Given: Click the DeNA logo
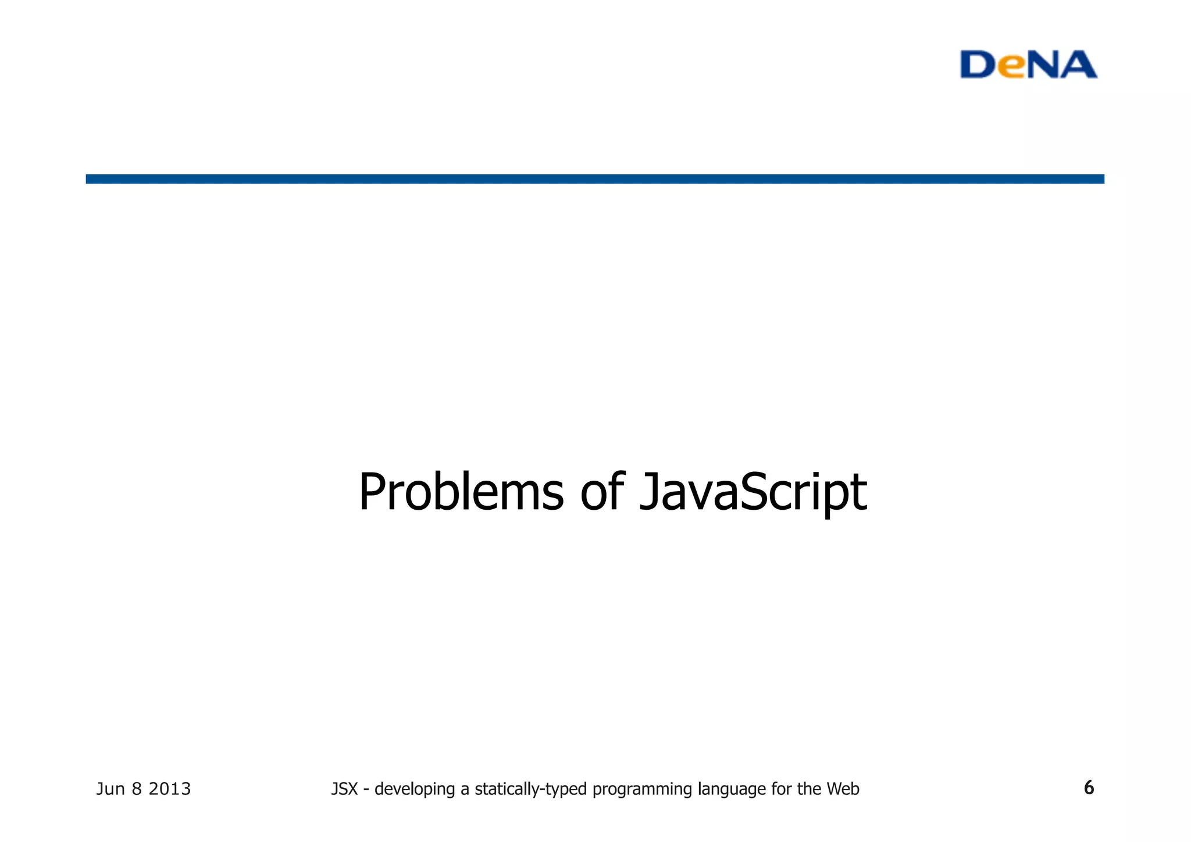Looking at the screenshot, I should (x=1028, y=65).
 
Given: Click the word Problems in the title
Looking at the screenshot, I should (x=461, y=492).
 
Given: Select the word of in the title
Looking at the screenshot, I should (x=602, y=492).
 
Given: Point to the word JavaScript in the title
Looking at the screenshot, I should (x=753, y=492).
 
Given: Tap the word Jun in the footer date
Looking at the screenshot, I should (x=110, y=789).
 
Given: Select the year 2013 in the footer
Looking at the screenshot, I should (x=170, y=789).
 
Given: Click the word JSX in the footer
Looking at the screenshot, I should (x=344, y=789).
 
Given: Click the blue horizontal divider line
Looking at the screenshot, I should (x=595, y=179).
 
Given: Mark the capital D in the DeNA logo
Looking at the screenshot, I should (x=978, y=65).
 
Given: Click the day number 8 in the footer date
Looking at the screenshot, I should (x=137, y=789).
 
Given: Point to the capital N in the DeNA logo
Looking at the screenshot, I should (x=1044, y=65).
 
